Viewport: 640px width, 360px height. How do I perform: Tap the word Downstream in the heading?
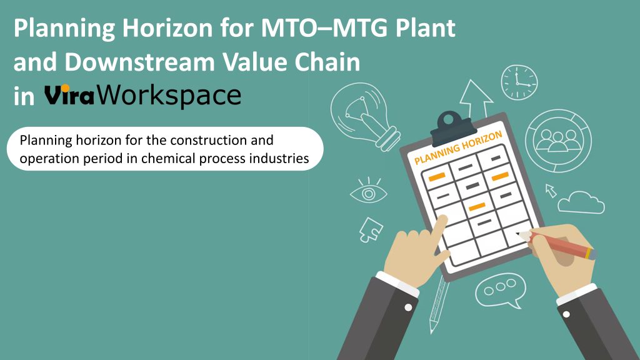[139, 62]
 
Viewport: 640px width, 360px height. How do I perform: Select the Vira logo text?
[69, 95]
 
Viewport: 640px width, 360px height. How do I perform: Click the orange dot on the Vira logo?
[65, 88]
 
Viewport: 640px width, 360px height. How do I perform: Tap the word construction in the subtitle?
[208, 141]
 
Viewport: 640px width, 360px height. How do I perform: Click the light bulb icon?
[364, 116]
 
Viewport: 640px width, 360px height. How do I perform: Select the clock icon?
[519, 82]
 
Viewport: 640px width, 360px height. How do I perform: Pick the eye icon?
[369, 191]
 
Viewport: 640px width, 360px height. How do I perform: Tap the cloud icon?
[581, 202]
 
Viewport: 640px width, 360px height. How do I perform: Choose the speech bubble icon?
[501, 290]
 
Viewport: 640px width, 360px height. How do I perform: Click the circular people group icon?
[558, 141]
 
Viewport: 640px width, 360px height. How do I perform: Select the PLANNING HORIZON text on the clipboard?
[458, 147]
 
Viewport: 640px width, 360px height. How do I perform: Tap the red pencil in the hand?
[557, 244]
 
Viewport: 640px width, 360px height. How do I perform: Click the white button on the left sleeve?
[408, 307]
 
